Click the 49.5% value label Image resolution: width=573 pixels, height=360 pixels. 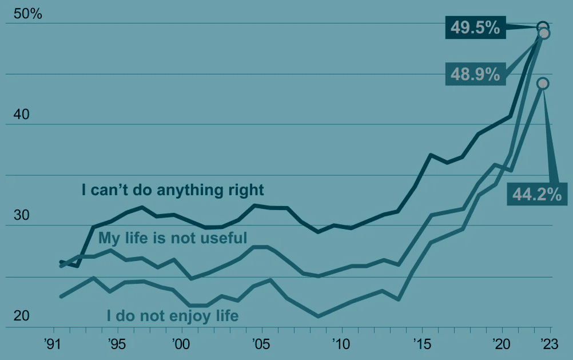coord(475,27)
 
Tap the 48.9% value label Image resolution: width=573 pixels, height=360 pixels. coord(475,74)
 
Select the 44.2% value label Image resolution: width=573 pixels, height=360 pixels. coord(536,195)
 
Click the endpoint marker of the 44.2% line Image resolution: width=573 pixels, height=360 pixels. coord(543,84)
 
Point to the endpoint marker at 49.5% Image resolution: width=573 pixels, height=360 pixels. coord(543,26)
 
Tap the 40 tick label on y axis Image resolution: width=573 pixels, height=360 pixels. coord(21,115)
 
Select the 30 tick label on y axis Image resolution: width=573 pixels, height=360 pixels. coord(21,216)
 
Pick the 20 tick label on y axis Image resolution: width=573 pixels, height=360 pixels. coord(21,317)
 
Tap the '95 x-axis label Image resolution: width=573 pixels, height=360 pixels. coord(116,345)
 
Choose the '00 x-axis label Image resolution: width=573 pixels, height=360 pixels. coord(180,345)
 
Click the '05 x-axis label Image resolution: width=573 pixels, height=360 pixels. coord(260,345)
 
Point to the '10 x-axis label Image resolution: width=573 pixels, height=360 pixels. coord(340,345)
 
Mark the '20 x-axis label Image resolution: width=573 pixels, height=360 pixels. coord(500,345)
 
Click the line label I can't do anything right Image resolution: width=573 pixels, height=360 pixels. coord(173,190)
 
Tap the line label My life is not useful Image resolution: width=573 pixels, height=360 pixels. coord(173,238)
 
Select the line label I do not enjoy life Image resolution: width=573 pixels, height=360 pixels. coord(173,315)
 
